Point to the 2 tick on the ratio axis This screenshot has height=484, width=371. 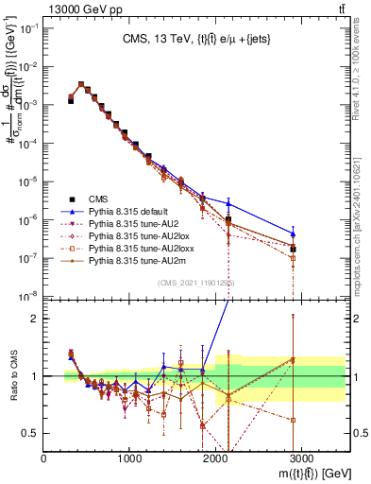[x=36, y=319]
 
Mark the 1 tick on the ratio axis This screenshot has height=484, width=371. [x=36, y=376]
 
